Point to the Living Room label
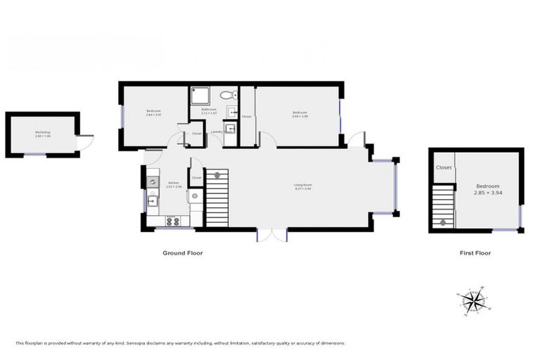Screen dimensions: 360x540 tap(302, 185)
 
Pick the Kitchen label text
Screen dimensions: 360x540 tap(172, 184)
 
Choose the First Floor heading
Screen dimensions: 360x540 tap(473, 253)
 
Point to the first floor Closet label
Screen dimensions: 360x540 tap(444, 167)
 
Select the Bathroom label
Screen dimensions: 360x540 tap(209, 109)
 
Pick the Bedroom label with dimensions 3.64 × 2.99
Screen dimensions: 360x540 tap(300, 112)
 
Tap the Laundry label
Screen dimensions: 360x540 tap(217, 131)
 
